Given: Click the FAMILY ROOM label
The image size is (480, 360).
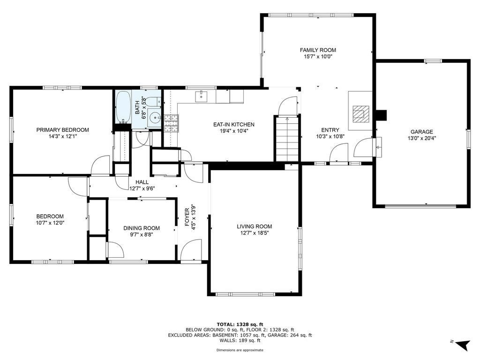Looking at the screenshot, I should pyautogui.click(x=318, y=50).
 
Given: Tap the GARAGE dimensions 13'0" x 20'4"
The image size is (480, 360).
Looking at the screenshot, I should pyautogui.click(x=421, y=138).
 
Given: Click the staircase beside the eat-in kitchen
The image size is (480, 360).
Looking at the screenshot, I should pyautogui.click(x=286, y=139).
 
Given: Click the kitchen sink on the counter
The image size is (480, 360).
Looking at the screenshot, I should pyautogui.click(x=202, y=96).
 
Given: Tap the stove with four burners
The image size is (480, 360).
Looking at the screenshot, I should pyautogui.click(x=171, y=124).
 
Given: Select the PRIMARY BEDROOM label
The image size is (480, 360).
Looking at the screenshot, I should pyautogui.click(x=62, y=130).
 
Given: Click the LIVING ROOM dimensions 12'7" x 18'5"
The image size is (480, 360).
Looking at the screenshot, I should pyautogui.click(x=254, y=233).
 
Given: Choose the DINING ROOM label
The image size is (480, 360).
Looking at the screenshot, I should pyautogui.click(x=142, y=228).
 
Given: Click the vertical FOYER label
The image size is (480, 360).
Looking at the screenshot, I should pyautogui.click(x=187, y=218).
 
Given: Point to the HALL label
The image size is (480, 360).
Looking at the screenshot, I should pyautogui.click(x=142, y=182).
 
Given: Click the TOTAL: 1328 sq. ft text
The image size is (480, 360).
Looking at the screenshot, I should pyautogui.click(x=240, y=324).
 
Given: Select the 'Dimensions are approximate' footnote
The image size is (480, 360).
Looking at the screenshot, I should pyautogui.click(x=240, y=350).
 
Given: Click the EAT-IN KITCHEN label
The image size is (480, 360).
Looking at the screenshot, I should pyautogui.click(x=233, y=124).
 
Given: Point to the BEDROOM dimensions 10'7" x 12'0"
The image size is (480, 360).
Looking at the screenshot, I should pyautogui.click(x=50, y=223).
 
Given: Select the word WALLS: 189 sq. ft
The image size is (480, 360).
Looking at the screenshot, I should pyautogui.click(x=240, y=341).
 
